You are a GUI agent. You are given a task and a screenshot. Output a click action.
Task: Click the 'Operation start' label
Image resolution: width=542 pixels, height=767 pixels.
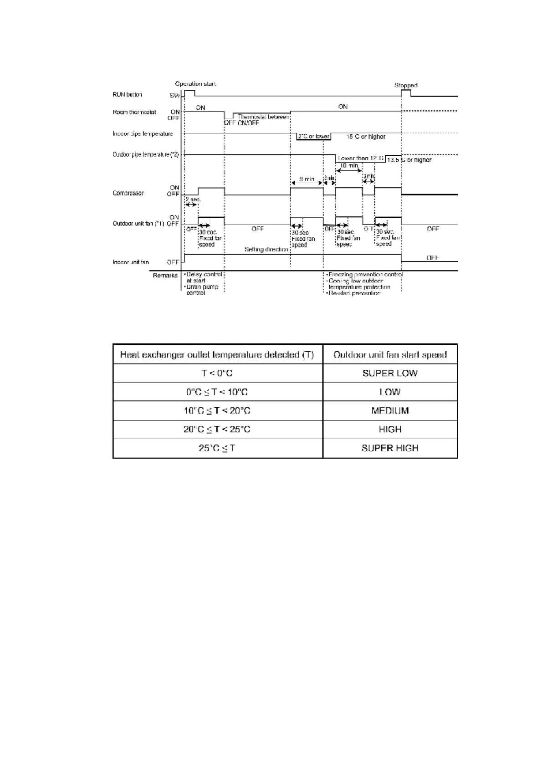coord(195,84)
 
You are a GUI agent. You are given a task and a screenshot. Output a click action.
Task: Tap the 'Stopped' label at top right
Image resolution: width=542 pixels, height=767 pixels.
coord(405,85)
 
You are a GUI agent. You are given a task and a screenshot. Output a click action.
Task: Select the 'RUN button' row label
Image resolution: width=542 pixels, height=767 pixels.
coord(128,95)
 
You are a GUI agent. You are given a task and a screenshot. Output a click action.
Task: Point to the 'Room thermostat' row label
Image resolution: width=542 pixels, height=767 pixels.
coord(134,112)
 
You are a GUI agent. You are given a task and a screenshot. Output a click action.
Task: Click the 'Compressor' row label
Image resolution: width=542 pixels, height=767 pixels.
coord(128,193)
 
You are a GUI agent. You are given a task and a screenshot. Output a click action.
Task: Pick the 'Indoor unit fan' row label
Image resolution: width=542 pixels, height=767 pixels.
coord(131,262)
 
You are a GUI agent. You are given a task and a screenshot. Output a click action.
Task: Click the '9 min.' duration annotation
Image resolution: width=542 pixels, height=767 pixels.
coord(307,179)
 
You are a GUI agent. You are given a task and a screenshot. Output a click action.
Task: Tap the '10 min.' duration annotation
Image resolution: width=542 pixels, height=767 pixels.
coord(349,166)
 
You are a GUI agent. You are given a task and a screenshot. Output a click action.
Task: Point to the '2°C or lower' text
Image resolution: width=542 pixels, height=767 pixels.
coord(313,136)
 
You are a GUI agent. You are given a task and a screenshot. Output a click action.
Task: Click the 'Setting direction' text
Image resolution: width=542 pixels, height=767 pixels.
coord(266,250)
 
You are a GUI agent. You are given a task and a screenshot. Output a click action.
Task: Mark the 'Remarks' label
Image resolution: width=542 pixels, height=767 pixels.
coord(165,276)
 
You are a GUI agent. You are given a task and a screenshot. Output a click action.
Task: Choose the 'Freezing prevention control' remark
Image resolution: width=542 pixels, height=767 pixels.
coord(365,275)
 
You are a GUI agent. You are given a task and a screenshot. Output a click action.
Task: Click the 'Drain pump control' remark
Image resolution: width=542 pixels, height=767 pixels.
coord(202,290)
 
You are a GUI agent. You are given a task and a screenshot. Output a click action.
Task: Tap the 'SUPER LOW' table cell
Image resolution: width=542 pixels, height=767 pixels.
coord(390,373)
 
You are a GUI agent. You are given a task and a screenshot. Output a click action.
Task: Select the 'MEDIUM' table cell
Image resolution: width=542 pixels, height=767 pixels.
coord(390,411)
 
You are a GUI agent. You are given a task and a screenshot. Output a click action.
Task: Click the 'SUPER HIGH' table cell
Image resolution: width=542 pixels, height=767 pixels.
coord(390,448)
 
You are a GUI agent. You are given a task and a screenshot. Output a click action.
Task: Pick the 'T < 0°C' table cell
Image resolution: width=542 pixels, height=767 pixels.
coord(217,373)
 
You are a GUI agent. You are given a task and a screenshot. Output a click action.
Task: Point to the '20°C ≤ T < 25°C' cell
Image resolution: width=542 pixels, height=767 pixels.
coord(217,430)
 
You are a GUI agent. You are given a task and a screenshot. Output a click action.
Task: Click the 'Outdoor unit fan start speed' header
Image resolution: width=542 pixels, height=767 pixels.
coord(390,354)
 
